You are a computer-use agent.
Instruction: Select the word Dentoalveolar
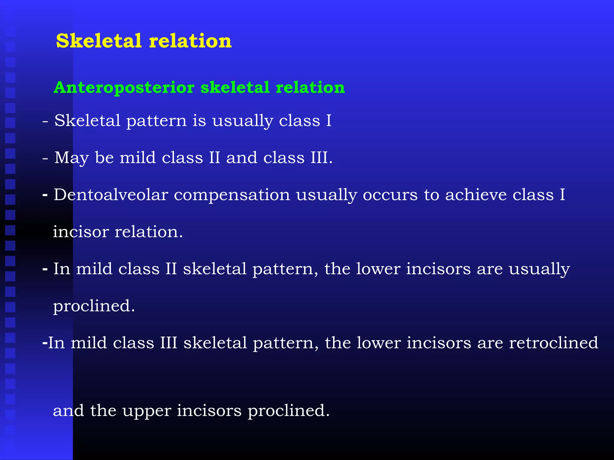click(111, 195)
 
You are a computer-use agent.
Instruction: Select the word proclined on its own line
click(93, 306)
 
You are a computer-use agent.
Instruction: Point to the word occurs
click(390, 195)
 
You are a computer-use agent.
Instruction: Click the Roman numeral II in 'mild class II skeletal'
click(171, 269)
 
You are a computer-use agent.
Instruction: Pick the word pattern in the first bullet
click(156, 121)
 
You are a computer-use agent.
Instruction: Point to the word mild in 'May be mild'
click(138, 158)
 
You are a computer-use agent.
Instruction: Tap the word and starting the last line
click(68, 410)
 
